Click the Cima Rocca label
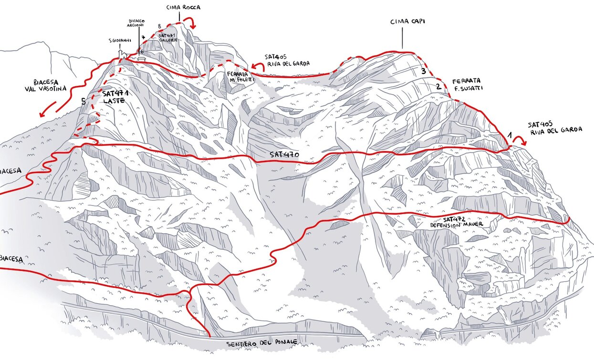click(x=183, y=8)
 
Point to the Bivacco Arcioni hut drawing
click(x=142, y=58)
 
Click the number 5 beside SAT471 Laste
click(x=83, y=101)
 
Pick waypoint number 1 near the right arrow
click(x=509, y=136)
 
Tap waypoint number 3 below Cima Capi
click(x=423, y=72)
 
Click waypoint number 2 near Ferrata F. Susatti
click(x=438, y=87)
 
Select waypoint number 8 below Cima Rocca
click(x=159, y=27)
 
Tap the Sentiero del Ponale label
click(x=261, y=342)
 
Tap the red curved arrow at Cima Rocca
click(x=190, y=21)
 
